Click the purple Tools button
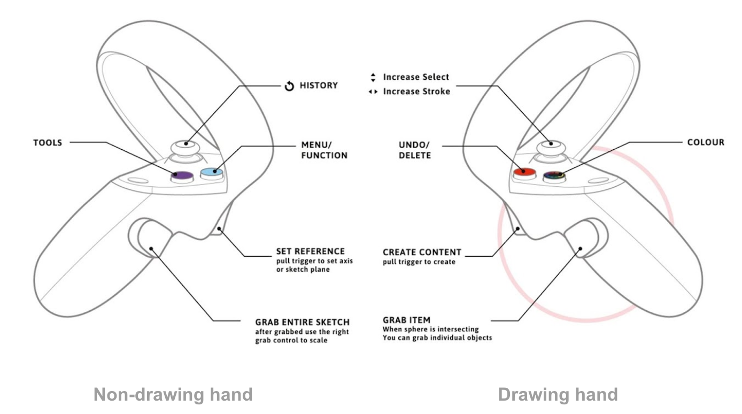[x=182, y=174]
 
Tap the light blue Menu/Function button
[x=211, y=172]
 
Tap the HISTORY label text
[x=318, y=86]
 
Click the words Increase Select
[x=416, y=77]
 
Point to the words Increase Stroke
[x=416, y=91]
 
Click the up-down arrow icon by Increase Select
[x=373, y=78]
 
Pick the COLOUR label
[x=706, y=143]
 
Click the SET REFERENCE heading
[x=310, y=251]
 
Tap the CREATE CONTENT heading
[x=422, y=252]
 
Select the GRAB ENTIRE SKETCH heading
[x=302, y=323]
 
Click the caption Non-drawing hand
[x=173, y=395]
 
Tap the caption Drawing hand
[x=558, y=395]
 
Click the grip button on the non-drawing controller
[x=150, y=241]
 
